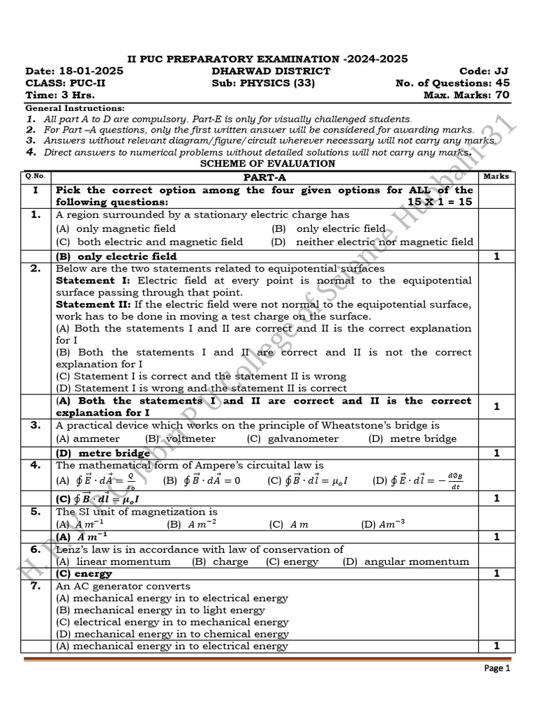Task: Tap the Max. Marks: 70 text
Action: click(466, 95)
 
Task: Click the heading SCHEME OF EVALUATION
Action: click(267, 163)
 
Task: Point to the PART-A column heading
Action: click(265, 177)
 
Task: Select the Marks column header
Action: click(496, 177)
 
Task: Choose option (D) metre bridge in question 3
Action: click(412, 438)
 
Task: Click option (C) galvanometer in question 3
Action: click(292, 438)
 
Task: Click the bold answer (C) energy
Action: click(84, 574)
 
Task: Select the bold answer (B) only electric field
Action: click(117, 256)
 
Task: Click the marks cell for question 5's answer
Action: click(496, 537)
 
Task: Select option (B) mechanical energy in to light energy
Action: click(161, 610)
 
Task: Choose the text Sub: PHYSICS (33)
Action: click(263, 83)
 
